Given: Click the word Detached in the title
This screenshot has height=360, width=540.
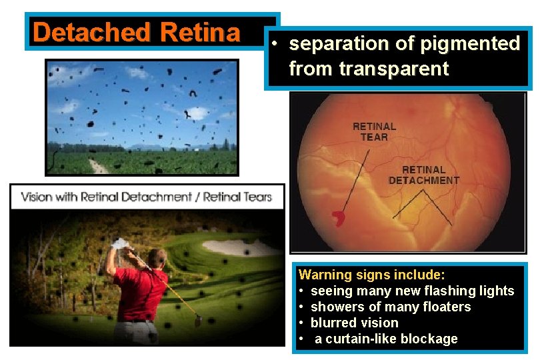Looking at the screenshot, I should (x=91, y=32).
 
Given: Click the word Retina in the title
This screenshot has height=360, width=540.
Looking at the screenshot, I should (x=200, y=32).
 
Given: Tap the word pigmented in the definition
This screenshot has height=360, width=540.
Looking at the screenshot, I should (x=471, y=44).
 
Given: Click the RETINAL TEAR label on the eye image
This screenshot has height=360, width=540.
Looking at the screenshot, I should (x=374, y=131).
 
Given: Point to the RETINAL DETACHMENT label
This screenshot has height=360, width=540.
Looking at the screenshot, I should (x=424, y=175).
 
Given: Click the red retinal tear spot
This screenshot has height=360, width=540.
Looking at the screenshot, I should (x=339, y=217).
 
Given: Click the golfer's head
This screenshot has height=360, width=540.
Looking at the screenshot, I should (x=156, y=259).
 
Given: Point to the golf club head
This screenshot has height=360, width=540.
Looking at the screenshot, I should (x=198, y=322).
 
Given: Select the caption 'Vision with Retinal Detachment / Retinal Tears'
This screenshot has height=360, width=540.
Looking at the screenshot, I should (x=147, y=197).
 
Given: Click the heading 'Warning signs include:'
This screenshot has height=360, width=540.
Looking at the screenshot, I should (x=372, y=275).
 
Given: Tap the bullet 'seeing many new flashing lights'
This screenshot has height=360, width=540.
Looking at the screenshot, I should (x=412, y=291).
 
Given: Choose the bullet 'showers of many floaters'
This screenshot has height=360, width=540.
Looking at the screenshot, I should (x=391, y=307).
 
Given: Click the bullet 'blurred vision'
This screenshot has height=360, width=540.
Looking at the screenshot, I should (x=354, y=323).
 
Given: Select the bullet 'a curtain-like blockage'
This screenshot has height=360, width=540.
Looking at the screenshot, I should (x=386, y=339).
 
